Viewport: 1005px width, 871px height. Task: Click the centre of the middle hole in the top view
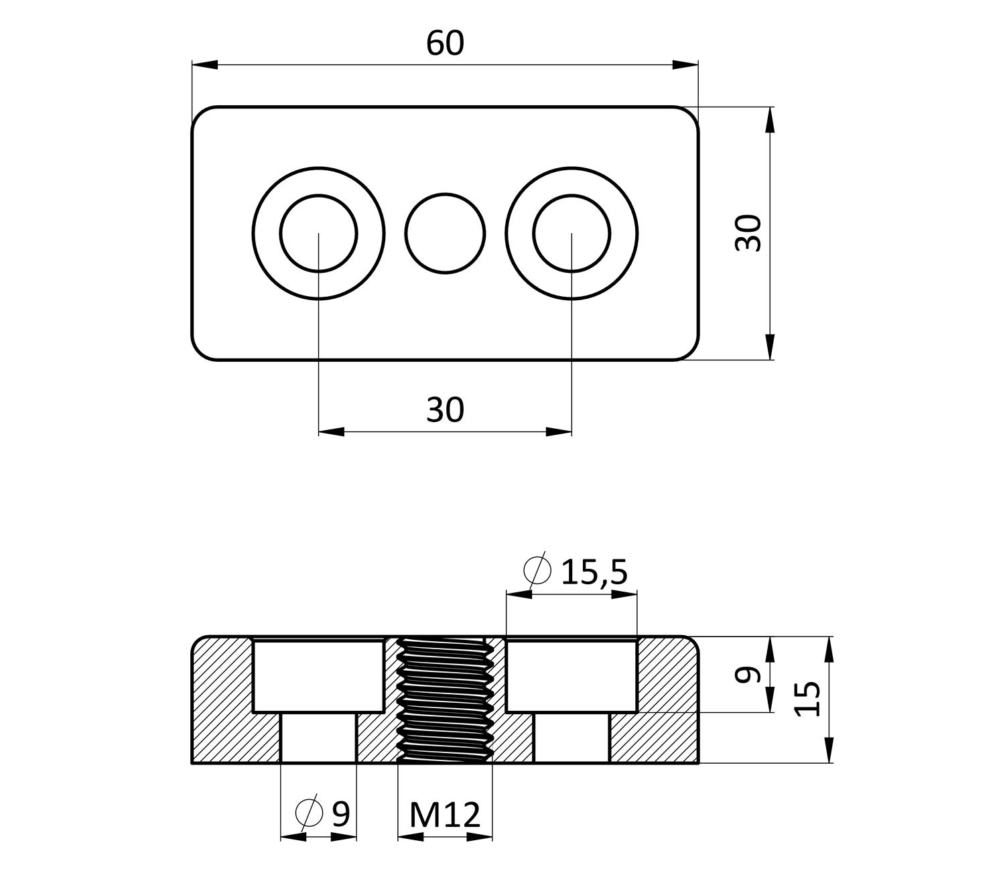(x=445, y=233)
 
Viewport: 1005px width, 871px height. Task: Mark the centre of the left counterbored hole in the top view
(x=318, y=233)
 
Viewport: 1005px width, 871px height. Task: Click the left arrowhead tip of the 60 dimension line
(x=192, y=65)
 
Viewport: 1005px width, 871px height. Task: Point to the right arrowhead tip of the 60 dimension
(x=698, y=65)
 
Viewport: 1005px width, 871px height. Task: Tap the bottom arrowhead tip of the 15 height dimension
(x=829, y=763)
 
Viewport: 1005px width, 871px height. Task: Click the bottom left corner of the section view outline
(x=192, y=763)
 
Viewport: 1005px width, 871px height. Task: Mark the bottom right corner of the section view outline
(x=699, y=763)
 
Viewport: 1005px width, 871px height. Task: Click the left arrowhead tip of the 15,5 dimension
(x=506, y=594)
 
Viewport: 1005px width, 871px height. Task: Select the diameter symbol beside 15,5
(x=537, y=570)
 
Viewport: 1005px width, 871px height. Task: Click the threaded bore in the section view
(x=445, y=700)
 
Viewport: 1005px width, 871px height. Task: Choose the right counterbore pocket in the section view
(x=572, y=676)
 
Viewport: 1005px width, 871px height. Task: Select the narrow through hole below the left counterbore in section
(x=318, y=737)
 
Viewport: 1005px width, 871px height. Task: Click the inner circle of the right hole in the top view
(x=572, y=233)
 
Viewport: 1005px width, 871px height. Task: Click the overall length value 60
(x=445, y=43)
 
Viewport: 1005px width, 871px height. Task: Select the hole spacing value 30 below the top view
(x=445, y=409)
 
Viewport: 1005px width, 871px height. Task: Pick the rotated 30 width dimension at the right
(x=748, y=233)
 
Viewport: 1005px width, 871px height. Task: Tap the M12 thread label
(x=445, y=815)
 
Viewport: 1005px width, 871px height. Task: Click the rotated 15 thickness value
(x=807, y=699)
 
